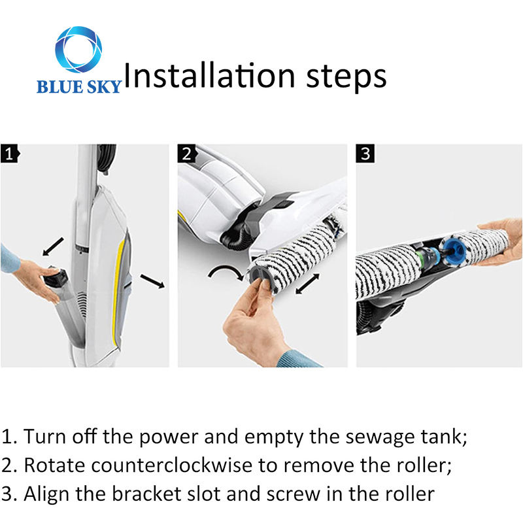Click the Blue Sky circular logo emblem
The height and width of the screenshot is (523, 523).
[78, 50]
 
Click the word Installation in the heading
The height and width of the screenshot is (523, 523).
[209, 75]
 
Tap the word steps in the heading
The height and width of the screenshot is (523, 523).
[346, 78]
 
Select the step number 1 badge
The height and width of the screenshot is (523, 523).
[10, 154]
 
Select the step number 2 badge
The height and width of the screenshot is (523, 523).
[187, 154]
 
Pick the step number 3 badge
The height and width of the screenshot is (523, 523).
[365, 154]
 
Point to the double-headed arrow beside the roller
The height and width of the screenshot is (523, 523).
[308, 284]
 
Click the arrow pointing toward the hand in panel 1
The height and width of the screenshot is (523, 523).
[53, 246]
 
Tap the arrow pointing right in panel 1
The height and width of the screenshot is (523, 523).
[152, 281]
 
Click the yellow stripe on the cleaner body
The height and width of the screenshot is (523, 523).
[118, 287]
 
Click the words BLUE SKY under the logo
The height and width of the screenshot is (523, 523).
[78, 86]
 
